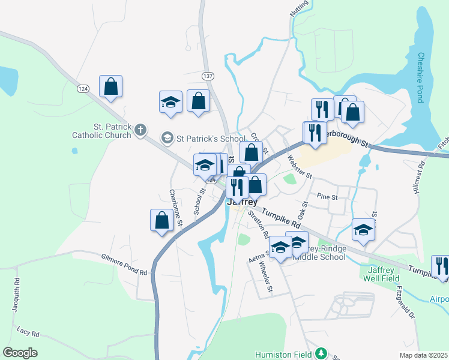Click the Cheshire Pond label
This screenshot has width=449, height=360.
[421, 77]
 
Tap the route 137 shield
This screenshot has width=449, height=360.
[208, 76]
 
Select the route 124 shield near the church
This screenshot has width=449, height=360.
[82, 88]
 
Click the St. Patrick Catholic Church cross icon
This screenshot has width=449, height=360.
[140, 130]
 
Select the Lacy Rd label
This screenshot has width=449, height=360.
[28, 332]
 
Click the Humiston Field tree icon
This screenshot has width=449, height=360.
[321, 353]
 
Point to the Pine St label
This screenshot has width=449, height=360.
[327, 196]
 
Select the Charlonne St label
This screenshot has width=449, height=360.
[175, 208]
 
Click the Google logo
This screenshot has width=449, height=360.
[20, 353]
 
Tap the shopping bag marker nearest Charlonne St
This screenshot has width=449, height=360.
[161, 220]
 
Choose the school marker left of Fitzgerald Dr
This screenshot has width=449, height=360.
[363, 229]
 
